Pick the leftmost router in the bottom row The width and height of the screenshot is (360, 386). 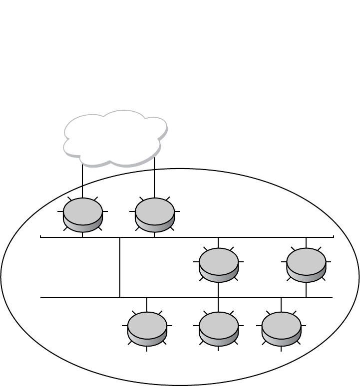pyautogui.click(x=147, y=328)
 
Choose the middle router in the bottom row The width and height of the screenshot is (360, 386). pyautogui.click(x=219, y=328)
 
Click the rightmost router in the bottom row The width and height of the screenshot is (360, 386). pyautogui.click(x=281, y=328)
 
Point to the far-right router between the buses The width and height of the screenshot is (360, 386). pyautogui.click(x=306, y=264)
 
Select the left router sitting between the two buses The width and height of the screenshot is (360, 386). pyautogui.click(x=219, y=264)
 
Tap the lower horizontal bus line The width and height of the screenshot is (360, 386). pyautogui.click(x=75, y=298)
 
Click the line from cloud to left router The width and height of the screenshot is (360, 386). pyautogui.click(x=82, y=182)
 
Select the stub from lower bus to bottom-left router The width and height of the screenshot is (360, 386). pyautogui.click(x=147, y=304)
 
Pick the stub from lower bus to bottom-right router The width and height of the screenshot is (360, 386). pyautogui.click(x=281, y=304)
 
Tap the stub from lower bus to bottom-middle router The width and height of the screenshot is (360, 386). pyautogui.click(x=218, y=305)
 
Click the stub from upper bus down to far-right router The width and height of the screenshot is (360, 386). pyautogui.click(x=306, y=242)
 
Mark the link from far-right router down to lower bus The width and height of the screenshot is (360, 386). pyautogui.click(x=306, y=290)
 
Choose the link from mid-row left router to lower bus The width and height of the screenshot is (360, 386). pyautogui.click(x=218, y=289)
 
